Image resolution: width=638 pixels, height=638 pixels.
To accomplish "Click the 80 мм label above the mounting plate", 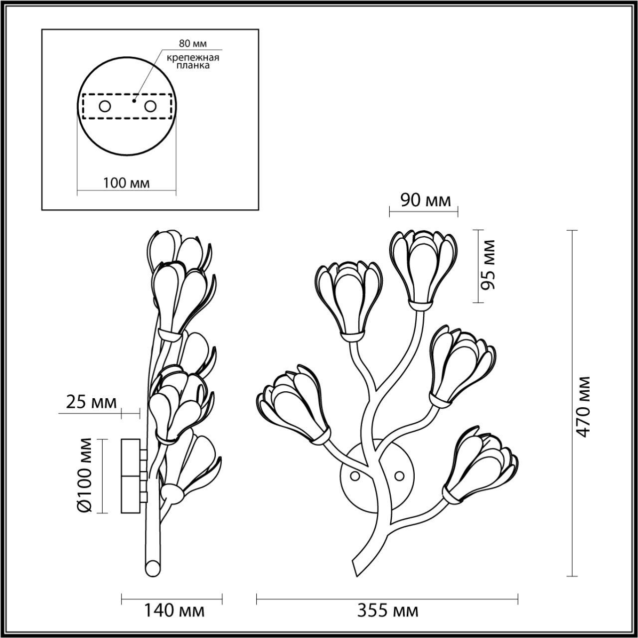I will pyautogui.click(x=193, y=44).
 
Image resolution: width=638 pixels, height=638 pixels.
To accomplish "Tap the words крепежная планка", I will pyautogui.click(x=193, y=61).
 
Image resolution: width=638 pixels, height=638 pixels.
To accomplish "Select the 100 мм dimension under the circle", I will pyautogui.click(x=126, y=183).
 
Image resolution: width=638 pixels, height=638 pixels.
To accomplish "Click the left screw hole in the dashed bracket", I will pyautogui.click(x=105, y=106).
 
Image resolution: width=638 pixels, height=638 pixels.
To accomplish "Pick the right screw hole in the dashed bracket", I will pyautogui.click(x=150, y=106).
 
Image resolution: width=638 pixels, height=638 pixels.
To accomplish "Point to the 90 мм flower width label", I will pyautogui.click(x=426, y=200).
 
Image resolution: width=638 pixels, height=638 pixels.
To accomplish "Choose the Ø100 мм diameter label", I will pyautogui.click(x=86, y=474).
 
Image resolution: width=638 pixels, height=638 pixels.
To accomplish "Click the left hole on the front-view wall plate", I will pyautogui.click(x=355, y=477).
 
